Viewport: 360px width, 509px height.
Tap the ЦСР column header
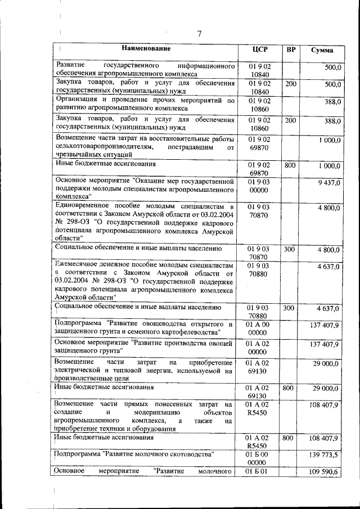[260, 49]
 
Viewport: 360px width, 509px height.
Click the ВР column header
[291, 49]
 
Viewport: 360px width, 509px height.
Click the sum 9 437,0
[328, 182]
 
